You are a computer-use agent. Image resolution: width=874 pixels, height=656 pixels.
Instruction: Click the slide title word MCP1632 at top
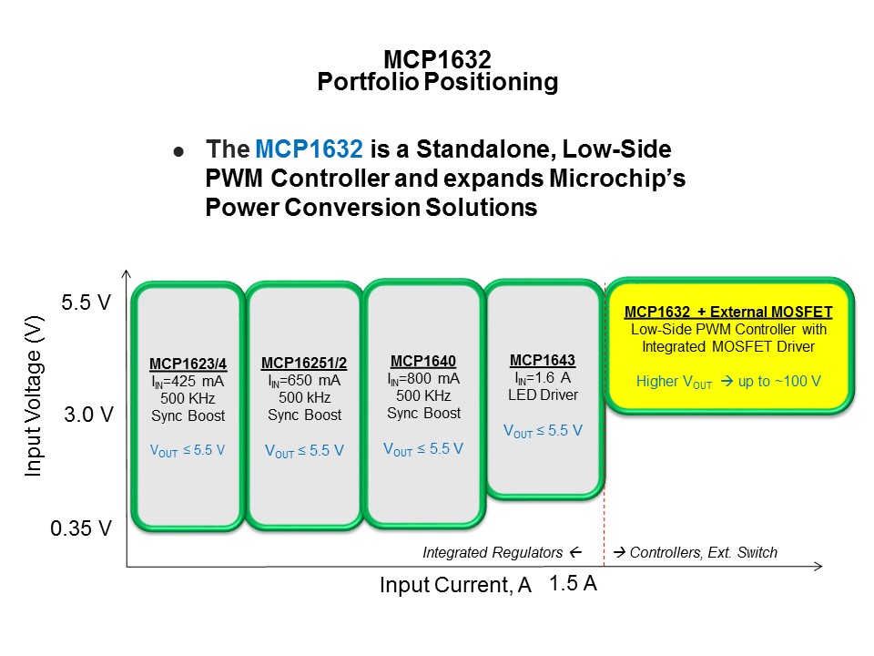tap(437, 59)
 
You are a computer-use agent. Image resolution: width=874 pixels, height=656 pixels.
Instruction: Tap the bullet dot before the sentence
tap(178, 151)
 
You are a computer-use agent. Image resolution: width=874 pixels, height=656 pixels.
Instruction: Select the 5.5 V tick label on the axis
tap(86, 302)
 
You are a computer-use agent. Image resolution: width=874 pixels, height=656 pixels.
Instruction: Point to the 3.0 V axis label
tap(87, 415)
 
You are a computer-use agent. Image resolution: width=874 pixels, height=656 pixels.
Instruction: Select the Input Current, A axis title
tap(455, 586)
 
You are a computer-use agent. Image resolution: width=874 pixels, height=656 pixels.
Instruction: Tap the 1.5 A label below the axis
tap(574, 584)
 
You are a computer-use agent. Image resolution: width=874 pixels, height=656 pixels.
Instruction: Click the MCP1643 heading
tap(542, 359)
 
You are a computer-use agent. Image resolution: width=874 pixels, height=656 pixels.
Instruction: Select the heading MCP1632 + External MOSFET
tap(728, 312)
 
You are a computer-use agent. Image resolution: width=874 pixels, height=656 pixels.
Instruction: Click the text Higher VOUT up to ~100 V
tap(728, 381)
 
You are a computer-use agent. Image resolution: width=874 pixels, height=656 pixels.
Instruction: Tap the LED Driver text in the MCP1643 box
tap(542, 395)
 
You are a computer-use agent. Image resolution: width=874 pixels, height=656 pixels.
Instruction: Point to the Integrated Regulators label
tap(501, 552)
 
